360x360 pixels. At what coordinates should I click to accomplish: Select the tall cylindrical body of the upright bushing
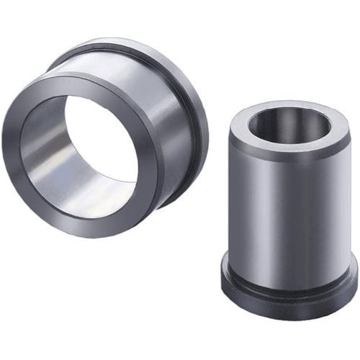[x=288, y=202]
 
